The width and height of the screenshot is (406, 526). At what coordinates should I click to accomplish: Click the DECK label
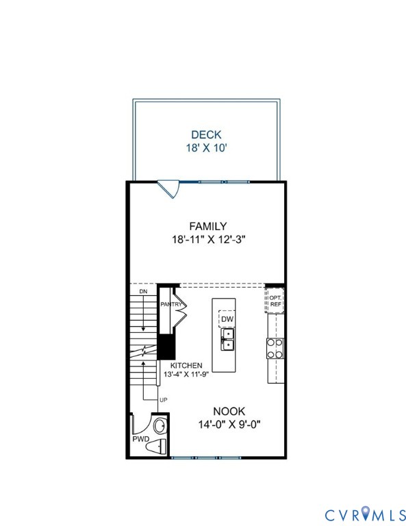click(x=205, y=135)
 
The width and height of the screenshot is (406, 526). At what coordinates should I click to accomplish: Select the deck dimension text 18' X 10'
click(x=205, y=147)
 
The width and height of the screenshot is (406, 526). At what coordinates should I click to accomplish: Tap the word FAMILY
click(x=208, y=226)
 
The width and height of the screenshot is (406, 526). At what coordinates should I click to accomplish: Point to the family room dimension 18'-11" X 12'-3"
click(x=208, y=240)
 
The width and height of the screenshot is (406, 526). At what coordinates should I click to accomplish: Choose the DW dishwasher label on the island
click(x=226, y=320)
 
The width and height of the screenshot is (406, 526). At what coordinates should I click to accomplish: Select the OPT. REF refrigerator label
click(x=275, y=301)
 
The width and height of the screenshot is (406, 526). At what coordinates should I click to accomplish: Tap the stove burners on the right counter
click(x=275, y=349)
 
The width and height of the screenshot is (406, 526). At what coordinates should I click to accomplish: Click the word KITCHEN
click(x=186, y=366)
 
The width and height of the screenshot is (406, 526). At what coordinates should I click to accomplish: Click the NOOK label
click(x=229, y=411)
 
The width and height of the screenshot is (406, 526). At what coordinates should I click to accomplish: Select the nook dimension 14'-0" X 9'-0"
click(x=229, y=424)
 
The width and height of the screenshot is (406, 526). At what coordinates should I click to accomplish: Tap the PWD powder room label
click(x=140, y=439)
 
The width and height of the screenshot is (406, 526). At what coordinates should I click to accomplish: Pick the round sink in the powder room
click(x=158, y=426)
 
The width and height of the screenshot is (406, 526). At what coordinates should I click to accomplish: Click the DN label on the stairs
click(x=143, y=292)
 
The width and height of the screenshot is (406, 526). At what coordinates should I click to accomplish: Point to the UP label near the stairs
click(x=163, y=399)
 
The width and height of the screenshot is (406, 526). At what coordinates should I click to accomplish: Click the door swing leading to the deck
click(x=169, y=188)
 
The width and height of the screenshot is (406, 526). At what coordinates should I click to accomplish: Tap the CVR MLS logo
click(x=364, y=513)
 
